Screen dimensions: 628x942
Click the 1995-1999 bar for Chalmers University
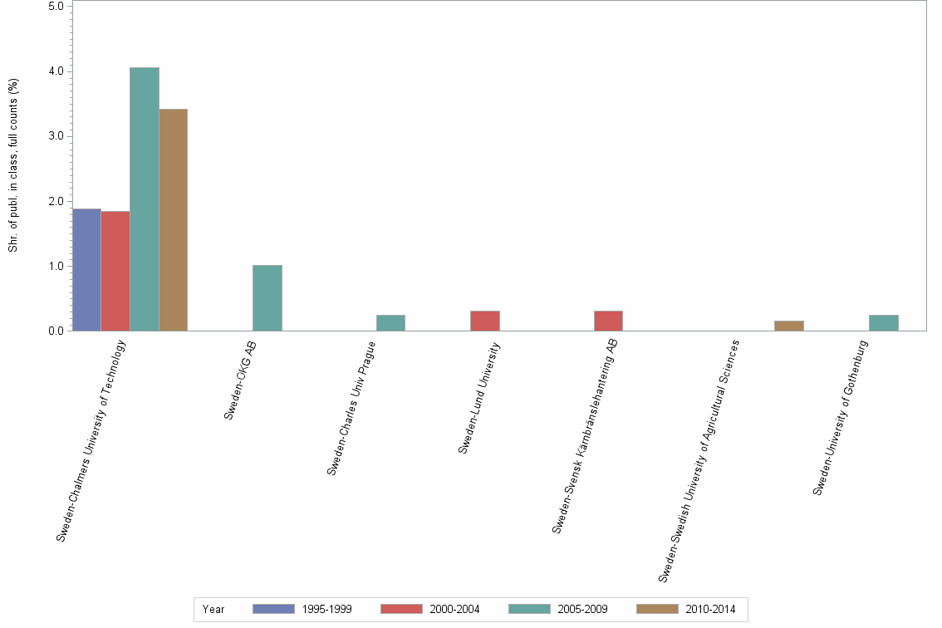(x=87, y=270)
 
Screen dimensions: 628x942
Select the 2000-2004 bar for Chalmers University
(x=115, y=272)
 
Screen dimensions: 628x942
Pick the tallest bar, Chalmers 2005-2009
(x=145, y=199)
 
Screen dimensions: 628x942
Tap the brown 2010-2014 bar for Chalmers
(x=173, y=220)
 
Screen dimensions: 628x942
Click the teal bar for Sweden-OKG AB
(x=267, y=298)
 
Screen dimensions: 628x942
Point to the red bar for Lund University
(x=485, y=321)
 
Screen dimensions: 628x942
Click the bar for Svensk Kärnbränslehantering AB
(x=608, y=321)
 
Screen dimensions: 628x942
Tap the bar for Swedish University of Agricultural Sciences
(x=788, y=326)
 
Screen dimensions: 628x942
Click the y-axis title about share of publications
(x=13, y=166)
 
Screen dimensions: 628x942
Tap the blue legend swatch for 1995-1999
(x=273, y=609)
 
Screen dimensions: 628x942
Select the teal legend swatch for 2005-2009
(x=529, y=609)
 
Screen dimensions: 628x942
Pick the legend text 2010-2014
(x=710, y=609)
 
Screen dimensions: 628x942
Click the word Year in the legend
(x=213, y=609)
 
